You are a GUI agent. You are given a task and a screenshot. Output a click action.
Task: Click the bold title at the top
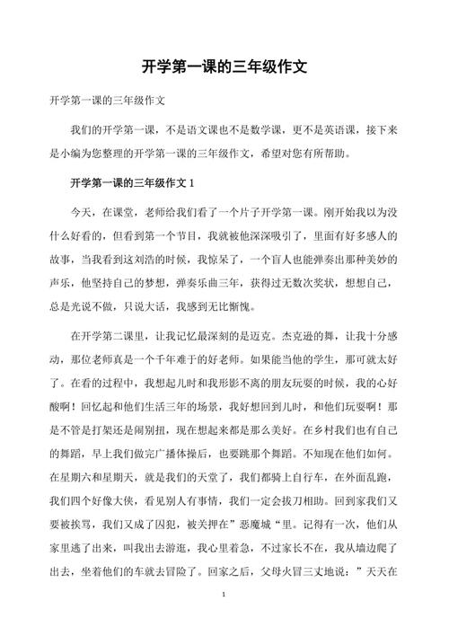click(x=224, y=66)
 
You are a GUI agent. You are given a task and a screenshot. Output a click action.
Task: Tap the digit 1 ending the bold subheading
click(x=191, y=184)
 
